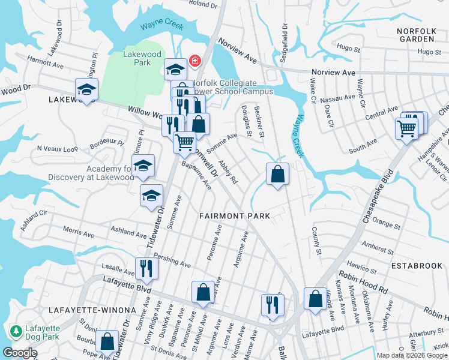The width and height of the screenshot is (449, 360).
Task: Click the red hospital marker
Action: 194,61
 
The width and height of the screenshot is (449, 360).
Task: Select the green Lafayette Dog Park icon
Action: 16,331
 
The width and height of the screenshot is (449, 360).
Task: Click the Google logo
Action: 20,353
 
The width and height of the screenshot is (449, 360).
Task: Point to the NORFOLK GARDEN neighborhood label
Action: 415,34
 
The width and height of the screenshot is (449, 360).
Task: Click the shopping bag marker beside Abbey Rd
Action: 277,175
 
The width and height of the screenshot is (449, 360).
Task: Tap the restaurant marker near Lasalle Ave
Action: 146,268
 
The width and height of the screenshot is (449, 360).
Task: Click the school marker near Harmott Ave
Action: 86,90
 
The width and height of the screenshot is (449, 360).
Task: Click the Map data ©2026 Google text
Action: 412,355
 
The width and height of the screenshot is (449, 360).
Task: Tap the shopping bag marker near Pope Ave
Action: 107,341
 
